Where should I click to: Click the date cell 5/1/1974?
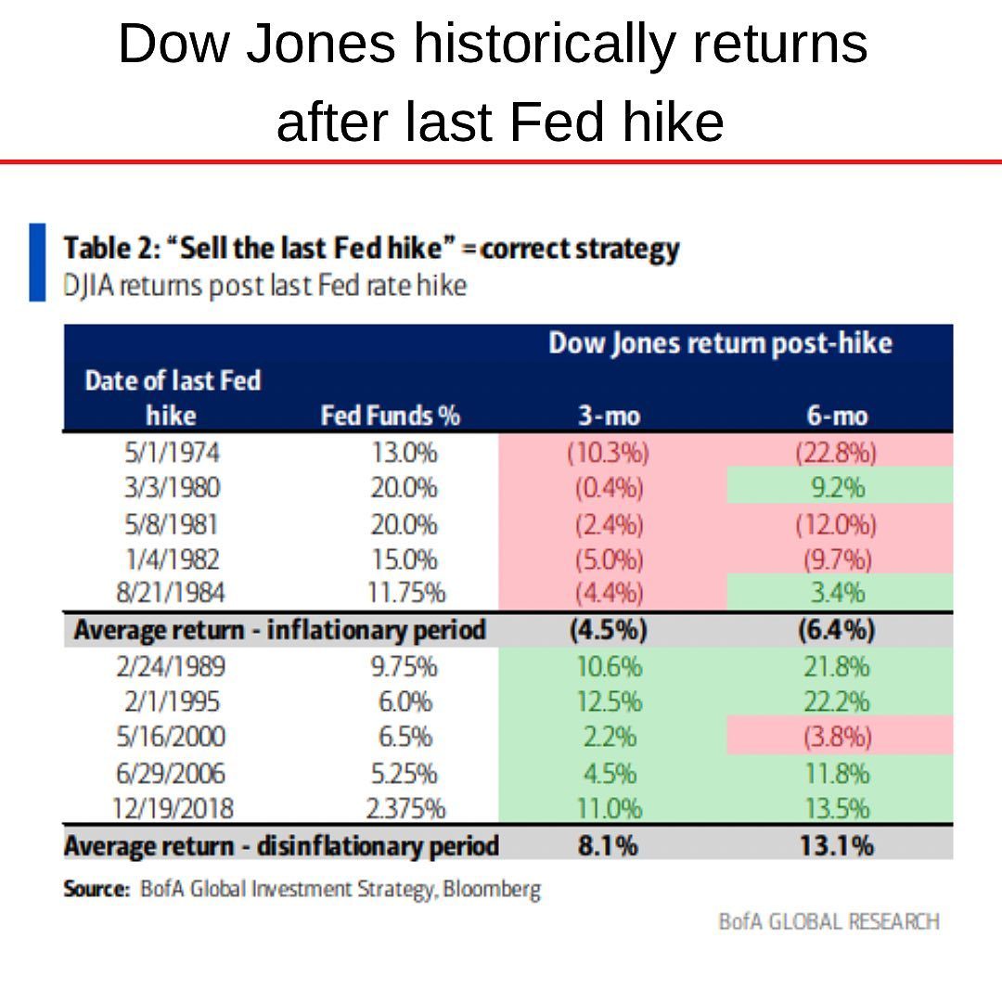point(173,454)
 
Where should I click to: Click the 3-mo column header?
point(608,416)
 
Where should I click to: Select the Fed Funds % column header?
point(391,416)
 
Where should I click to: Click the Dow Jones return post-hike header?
point(720,343)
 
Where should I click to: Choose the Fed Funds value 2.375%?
point(405,809)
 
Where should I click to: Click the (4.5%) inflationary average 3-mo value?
point(608,630)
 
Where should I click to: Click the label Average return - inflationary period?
point(279,630)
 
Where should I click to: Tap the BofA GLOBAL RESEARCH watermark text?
point(829,921)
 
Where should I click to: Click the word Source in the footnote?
point(96,888)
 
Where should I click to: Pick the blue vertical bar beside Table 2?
point(37,262)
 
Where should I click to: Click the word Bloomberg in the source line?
point(492,888)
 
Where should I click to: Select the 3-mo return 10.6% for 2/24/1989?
point(608,666)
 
